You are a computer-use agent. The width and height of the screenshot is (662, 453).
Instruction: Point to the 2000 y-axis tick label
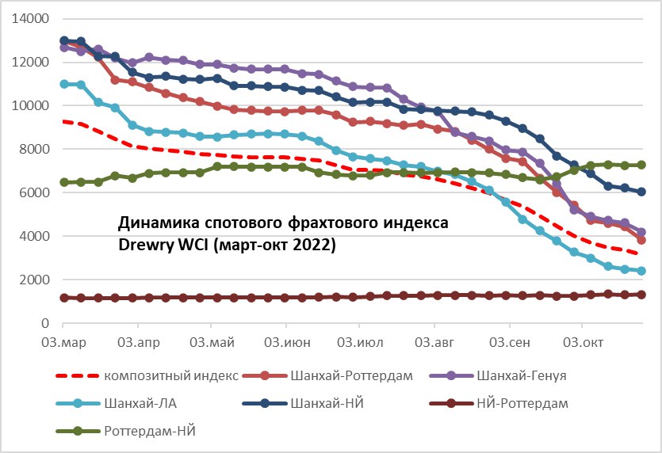[31, 280]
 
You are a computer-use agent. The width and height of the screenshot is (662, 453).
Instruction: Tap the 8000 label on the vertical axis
[31, 149]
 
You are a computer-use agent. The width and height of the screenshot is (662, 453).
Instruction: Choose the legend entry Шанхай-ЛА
[140, 403]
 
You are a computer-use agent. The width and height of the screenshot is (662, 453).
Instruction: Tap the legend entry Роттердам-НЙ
[151, 431]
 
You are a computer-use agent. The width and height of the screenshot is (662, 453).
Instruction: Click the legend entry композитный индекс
[172, 375]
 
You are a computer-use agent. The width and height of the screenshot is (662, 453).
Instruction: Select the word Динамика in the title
[151, 224]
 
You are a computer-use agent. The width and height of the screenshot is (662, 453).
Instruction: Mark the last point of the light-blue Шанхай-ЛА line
[641, 271]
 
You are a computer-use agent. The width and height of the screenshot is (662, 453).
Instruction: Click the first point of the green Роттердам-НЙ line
[64, 183]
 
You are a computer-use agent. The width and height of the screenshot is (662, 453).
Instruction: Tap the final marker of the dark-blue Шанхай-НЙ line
[641, 192]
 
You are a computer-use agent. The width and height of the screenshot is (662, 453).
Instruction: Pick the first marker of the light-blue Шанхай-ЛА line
[64, 84]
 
